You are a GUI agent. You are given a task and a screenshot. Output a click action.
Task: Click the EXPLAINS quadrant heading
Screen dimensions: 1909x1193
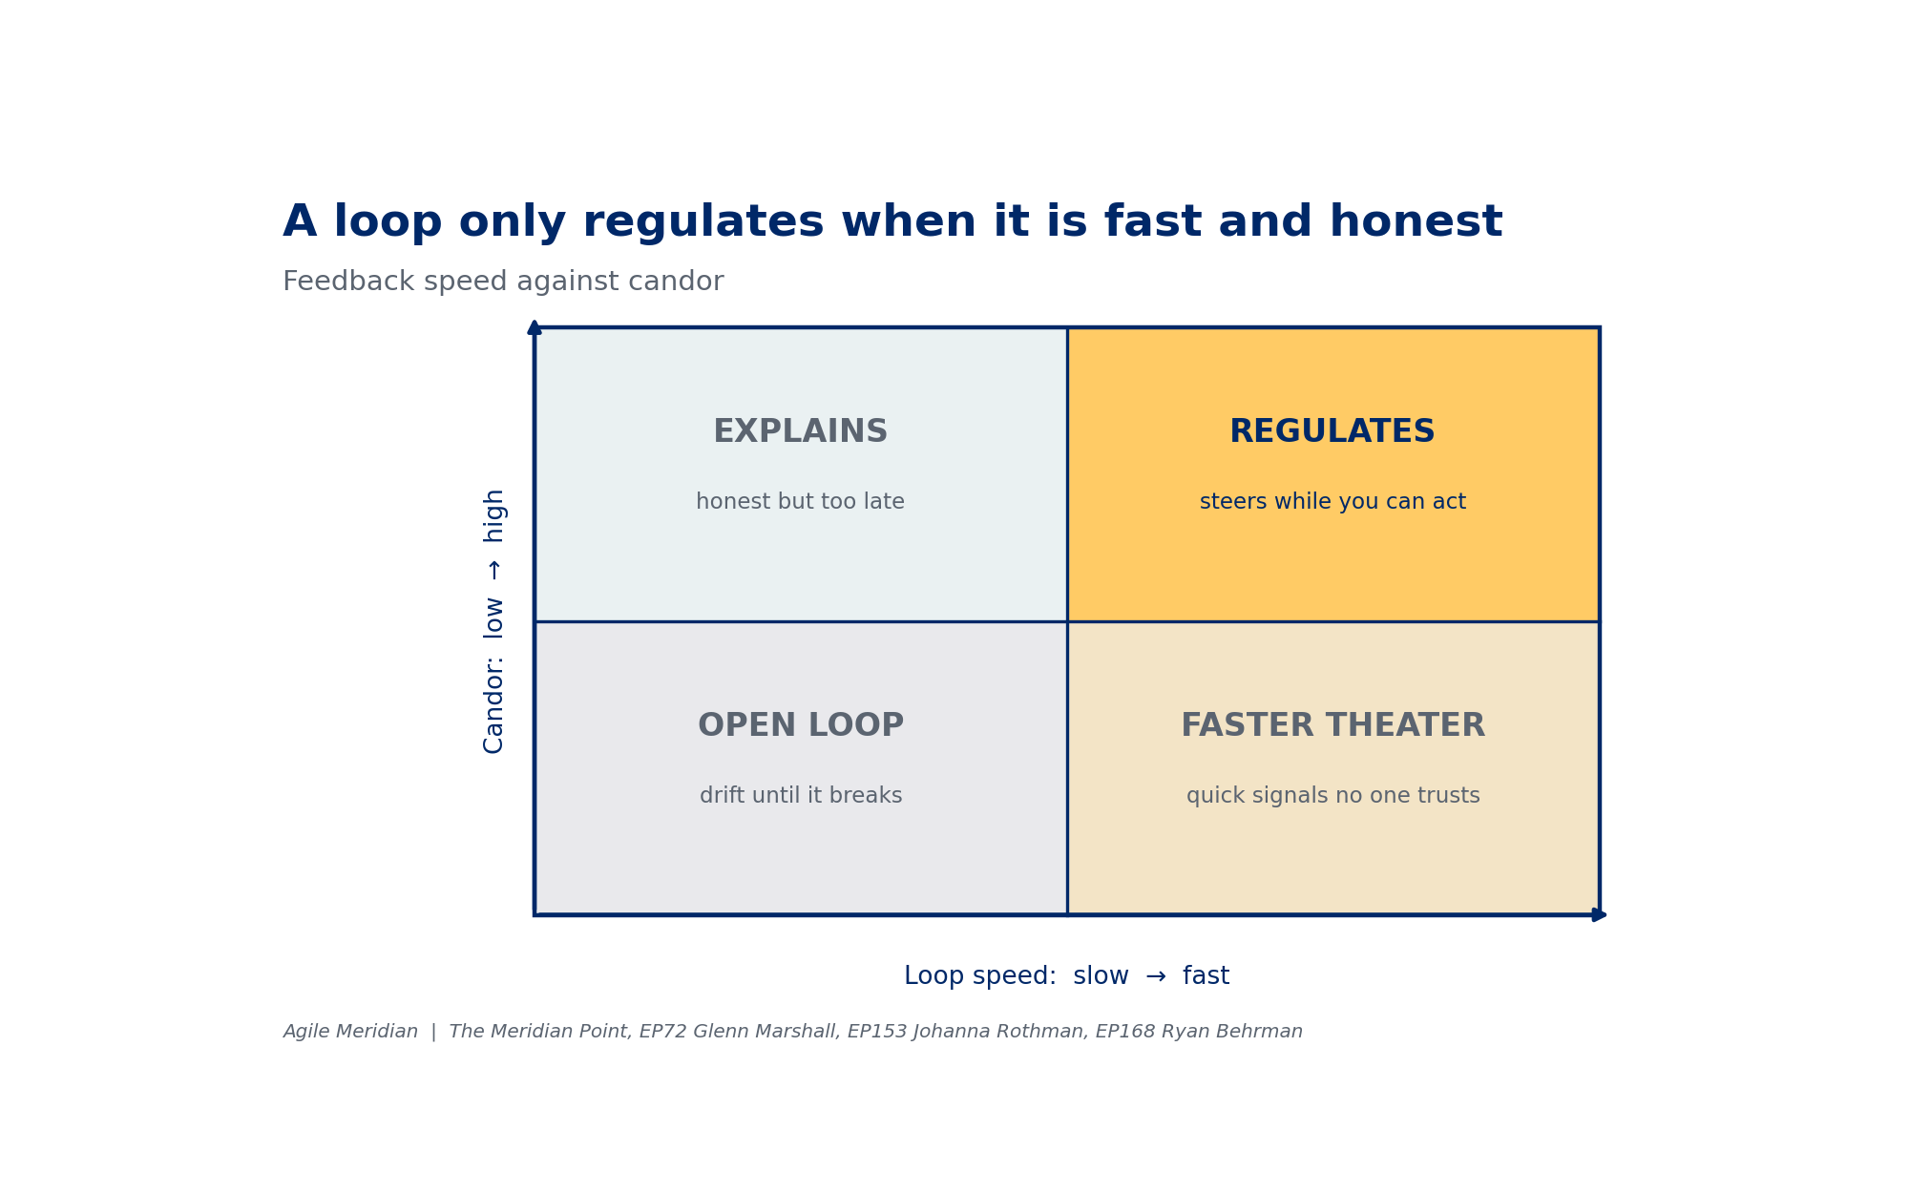pyautogui.click(x=800, y=431)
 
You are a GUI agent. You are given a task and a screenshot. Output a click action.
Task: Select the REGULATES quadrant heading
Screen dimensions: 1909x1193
pyautogui.click(x=1332, y=431)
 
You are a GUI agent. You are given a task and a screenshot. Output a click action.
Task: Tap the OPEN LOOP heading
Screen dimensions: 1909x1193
pyautogui.click(x=800, y=725)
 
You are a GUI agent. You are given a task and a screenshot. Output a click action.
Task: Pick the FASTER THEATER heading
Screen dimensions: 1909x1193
pyautogui.click(x=1332, y=725)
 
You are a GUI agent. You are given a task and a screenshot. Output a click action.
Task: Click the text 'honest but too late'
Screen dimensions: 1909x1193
pyautogui.click(x=800, y=502)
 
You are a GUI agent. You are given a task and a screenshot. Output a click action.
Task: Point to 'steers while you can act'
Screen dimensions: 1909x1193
pyautogui.click(x=1332, y=502)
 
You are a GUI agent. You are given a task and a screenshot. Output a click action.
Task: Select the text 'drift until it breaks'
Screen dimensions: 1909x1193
pyautogui.click(x=800, y=796)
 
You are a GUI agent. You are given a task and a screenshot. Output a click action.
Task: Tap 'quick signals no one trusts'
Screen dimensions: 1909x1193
pyautogui.click(x=1332, y=796)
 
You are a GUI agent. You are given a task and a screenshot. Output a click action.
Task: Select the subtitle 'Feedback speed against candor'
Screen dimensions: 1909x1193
pyautogui.click(x=503, y=283)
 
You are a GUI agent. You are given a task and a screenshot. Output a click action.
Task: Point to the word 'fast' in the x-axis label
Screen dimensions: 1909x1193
pyautogui.click(x=1206, y=976)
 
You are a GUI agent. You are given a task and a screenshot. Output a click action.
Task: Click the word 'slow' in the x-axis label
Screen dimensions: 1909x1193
pyautogui.click(x=1101, y=976)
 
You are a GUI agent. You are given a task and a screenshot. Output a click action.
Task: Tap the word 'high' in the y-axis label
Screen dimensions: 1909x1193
pyautogui.click(x=493, y=515)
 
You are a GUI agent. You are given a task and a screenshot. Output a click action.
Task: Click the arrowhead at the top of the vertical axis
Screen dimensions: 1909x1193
pyautogui.click(x=535, y=327)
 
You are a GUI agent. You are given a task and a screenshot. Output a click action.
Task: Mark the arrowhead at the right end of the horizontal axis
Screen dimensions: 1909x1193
pyautogui.click(x=1600, y=914)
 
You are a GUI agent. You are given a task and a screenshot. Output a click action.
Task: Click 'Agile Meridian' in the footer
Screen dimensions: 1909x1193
pyautogui.click(x=350, y=1032)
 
